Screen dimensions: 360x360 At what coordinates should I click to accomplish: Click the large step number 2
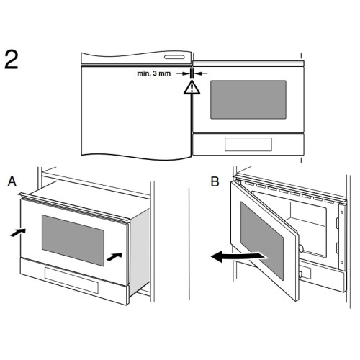[12, 60]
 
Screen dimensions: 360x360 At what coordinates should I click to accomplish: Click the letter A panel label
[12, 181]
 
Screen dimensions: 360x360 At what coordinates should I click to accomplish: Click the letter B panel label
[215, 181]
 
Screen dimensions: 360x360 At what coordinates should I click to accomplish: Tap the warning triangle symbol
[192, 87]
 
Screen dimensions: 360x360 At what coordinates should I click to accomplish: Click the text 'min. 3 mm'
[154, 73]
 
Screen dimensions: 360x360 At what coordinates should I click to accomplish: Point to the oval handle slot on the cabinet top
[174, 57]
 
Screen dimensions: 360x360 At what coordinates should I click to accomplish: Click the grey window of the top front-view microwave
[248, 99]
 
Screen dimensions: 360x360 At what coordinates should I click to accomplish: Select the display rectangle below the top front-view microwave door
[248, 144]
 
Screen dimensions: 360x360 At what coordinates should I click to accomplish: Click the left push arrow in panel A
[18, 232]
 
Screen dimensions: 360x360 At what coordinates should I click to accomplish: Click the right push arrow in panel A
[114, 257]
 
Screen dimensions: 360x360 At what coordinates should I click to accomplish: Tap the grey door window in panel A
[73, 240]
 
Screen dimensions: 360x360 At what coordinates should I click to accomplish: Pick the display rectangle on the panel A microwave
[71, 280]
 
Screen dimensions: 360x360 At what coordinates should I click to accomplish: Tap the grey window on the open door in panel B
[262, 240]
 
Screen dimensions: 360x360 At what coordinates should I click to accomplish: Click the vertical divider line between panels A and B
[189, 243]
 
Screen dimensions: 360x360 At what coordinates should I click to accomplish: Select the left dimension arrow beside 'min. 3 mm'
[184, 73]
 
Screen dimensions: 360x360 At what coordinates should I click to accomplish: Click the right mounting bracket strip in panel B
[342, 236]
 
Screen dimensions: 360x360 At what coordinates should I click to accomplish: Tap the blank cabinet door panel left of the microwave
[136, 112]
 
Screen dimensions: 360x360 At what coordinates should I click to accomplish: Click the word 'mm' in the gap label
[165, 73]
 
